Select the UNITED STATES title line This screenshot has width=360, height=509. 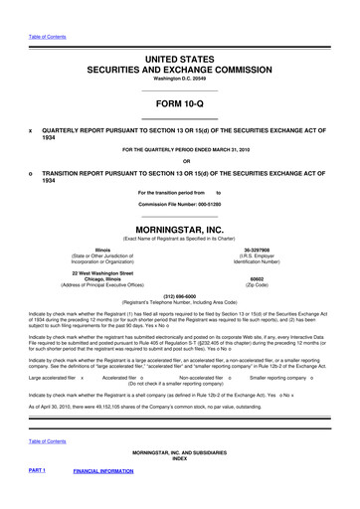(x=180, y=33)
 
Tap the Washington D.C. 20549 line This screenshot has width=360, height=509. (x=180, y=56)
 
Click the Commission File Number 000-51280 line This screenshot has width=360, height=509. (x=180, y=203)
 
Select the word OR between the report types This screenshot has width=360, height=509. (x=180, y=162)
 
